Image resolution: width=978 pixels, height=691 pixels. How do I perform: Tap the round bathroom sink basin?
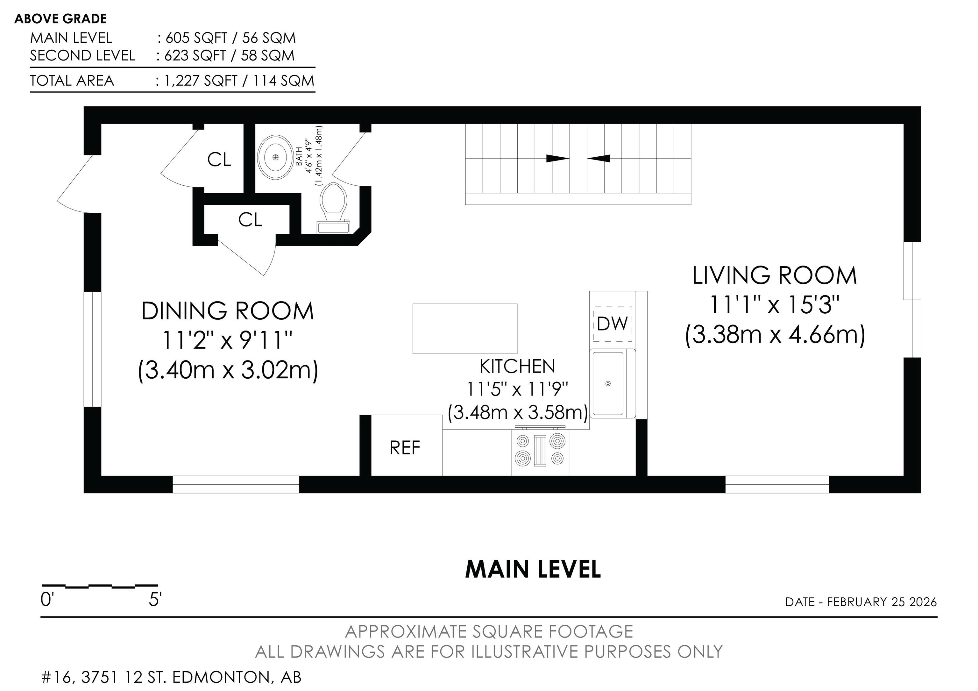click(x=275, y=157)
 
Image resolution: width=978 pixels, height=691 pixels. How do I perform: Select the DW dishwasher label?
click(x=613, y=324)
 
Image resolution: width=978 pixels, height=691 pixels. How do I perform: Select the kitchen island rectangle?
click(x=465, y=328)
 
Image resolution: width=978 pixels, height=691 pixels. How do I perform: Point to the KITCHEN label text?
click(x=518, y=367)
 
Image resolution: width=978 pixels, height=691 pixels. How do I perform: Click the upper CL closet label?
click(x=219, y=160)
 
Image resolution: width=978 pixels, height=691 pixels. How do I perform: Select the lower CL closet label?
click(x=250, y=220)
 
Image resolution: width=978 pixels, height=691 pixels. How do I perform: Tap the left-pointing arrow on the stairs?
click(x=599, y=159)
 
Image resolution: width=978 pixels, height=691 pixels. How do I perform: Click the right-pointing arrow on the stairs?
click(x=557, y=159)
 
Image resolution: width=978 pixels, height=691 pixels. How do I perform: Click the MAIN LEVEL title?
click(x=533, y=569)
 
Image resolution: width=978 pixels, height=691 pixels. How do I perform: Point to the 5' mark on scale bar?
click(x=155, y=600)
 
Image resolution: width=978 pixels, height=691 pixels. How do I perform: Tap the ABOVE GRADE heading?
click(x=60, y=19)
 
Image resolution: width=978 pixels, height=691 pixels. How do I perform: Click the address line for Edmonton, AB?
click(x=171, y=677)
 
